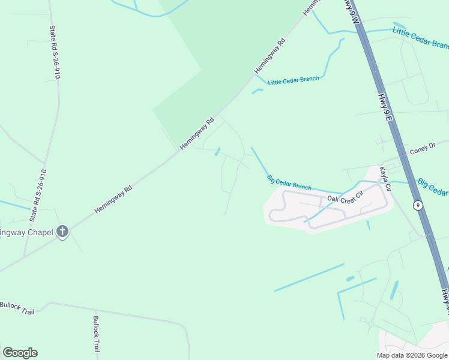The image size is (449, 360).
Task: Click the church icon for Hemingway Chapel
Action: pos(62,232)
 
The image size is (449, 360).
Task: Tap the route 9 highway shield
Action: pos(418,205)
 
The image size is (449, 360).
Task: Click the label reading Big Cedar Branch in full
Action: pos(289,182)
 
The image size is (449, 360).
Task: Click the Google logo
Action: pos(20,353)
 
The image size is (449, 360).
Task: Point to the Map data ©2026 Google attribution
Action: pos(412,355)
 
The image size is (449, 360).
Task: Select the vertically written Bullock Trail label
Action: pos(96,334)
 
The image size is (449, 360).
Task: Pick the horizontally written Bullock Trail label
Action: pos(18,308)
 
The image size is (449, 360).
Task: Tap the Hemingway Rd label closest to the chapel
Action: pos(113,200)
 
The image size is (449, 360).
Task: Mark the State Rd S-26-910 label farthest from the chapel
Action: pos(55,52)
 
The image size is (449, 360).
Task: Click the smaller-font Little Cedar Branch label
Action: pos(294,80)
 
